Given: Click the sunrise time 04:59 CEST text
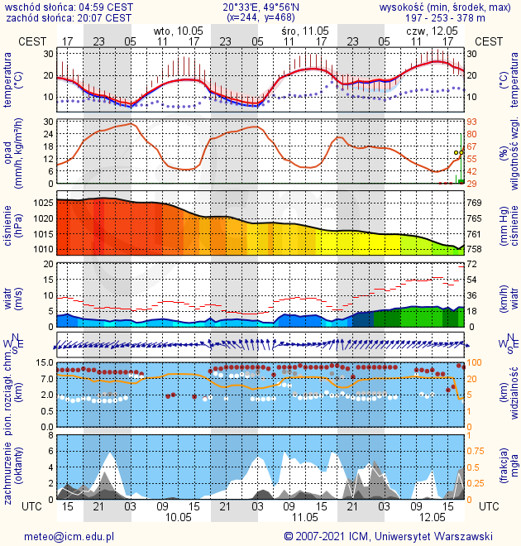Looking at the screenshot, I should click(104, 7).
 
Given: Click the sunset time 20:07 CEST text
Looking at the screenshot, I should click(103, 17).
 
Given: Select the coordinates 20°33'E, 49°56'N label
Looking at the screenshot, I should click(260, 7).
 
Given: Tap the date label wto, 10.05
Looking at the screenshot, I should click(178, 31).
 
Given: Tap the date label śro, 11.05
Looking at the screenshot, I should click(305, 31).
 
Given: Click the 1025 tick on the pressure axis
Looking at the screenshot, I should click(42, 203).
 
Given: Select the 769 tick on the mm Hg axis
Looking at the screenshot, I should click(475, 203).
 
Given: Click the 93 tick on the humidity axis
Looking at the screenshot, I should click(472, 122).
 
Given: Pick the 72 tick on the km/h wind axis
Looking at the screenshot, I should click(472, 264).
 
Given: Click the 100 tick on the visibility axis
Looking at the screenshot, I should click(475, 362).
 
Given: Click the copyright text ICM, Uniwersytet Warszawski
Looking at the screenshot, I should click(430, 536).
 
